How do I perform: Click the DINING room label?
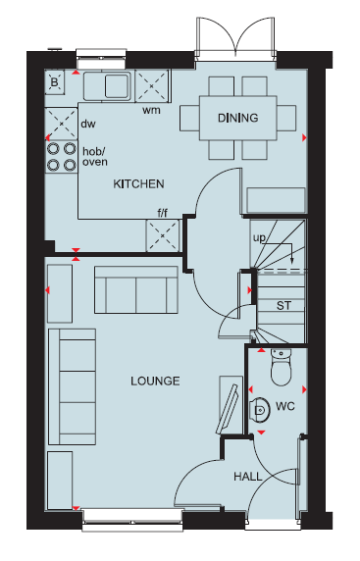(238, 118)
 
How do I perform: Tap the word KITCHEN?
(139, 184)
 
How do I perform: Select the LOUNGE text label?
(155, 381)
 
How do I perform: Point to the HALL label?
(248, 477)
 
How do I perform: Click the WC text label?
(285, 406)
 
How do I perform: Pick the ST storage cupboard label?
(283, 306)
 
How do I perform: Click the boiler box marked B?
(54, 82)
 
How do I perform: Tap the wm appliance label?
(151, 110)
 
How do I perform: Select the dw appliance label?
(88, 124)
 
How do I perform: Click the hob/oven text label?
(95, 156)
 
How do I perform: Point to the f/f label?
(163, 213)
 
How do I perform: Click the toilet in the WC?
(282, 368)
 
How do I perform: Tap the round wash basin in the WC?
(260, 410)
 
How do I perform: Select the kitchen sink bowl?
(117, 85)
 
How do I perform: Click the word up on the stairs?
(259, 237)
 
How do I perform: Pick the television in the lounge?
(228, 409)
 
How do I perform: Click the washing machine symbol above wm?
(151, 86)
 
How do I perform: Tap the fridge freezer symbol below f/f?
(163, 235)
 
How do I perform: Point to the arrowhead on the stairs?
(292, 260)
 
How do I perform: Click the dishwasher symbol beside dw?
(61, 124)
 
